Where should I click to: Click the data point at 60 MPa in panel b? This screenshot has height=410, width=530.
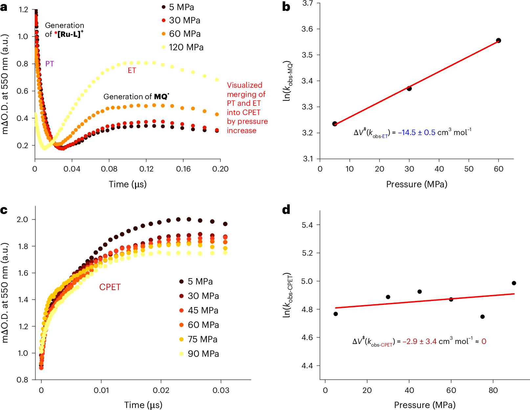[x=498, y=40]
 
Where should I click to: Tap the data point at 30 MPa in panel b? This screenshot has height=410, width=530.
[x=409, y=88]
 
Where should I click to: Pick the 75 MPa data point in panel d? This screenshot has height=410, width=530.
[x=482, y=317]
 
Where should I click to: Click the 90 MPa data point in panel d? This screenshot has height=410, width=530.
[x=514, y=283]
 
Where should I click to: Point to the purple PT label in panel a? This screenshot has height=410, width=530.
[x=50, y=64]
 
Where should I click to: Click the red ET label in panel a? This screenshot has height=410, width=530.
[x=132, y=71]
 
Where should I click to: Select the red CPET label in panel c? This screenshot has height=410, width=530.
[x=110, y=287]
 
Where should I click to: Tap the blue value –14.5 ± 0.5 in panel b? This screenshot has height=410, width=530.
[x=416, y=132]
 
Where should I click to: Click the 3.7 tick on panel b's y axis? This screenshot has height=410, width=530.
[x=307, y=3]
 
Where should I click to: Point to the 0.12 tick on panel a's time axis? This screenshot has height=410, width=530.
[x=146, y=169]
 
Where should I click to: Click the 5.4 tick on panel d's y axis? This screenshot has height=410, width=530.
[x=307, y=225]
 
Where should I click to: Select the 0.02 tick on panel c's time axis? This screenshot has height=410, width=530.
[x=161, y=390]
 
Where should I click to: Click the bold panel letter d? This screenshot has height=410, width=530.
[x=286, y=210]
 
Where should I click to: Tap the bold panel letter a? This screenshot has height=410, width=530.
[x=4, y=7]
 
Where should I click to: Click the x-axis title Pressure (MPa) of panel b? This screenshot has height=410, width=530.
[x=416, y=184]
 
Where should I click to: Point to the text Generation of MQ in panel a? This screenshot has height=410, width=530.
[x=136, y=97]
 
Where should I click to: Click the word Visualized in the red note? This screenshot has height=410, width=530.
[x=245, y=85]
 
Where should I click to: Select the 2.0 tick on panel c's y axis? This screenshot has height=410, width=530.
[x=22, y=219]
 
